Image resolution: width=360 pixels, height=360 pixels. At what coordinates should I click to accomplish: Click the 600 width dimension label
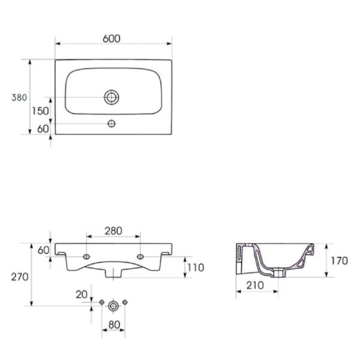coord(112,39)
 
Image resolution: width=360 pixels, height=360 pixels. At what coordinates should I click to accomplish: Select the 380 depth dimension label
coord(19,98)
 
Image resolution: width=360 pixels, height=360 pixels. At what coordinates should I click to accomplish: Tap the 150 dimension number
coord(40,111)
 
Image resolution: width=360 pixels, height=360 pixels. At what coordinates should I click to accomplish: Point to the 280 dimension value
coord(113,231)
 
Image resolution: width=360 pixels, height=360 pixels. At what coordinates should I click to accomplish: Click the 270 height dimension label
coord(20,277)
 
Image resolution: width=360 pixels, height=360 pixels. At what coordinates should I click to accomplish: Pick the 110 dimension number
coord(196,268)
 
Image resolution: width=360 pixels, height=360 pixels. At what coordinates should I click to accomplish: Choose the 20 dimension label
coord(82,295)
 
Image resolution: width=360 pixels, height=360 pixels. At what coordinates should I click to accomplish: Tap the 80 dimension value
coord(114,325)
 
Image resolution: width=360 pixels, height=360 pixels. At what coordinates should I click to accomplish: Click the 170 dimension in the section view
coord(340,261)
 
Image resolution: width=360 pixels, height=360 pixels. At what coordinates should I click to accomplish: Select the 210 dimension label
coord(255,286)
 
